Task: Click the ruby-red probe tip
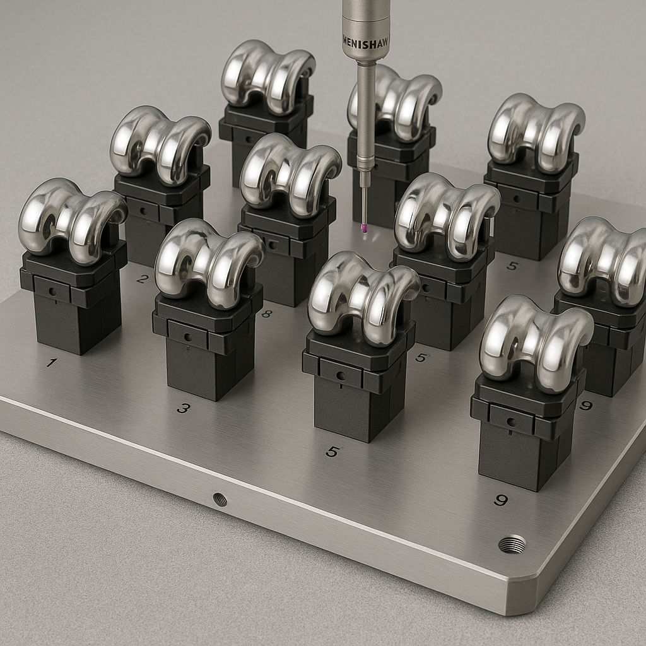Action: (364, 227)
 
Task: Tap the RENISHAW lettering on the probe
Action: (366, 39)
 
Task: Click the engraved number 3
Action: (183, 408)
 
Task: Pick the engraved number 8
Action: (266, 313)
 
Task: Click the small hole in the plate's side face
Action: (220, 499)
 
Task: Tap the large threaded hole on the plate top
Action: (512, 543)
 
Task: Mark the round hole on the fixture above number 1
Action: (50, 290)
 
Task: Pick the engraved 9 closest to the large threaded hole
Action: (501, 500)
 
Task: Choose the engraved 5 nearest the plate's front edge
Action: (332, 452)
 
